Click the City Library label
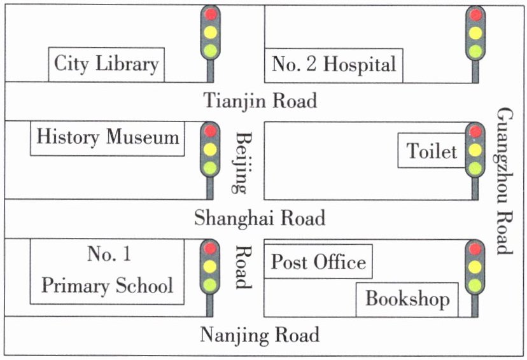point(106,64)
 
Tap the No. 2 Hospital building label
point(334,65)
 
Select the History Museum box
point(108,139)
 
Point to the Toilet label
point(432,151)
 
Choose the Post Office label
point(318,261)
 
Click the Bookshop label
point(407,299)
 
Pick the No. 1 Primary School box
point(107,272)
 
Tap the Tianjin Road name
point(260,100)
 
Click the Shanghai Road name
point(260,218)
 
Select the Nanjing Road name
point(260,335)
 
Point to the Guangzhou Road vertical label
point(505,181)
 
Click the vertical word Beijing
point(242,163)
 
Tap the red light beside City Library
point(211,14)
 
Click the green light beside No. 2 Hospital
point(475,51)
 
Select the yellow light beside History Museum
point(210,149)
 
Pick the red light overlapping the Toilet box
point(475,131)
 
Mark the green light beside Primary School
point(210,285)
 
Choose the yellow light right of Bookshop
point(475,267)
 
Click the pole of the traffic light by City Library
point(210,71)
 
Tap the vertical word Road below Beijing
point(242,267)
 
